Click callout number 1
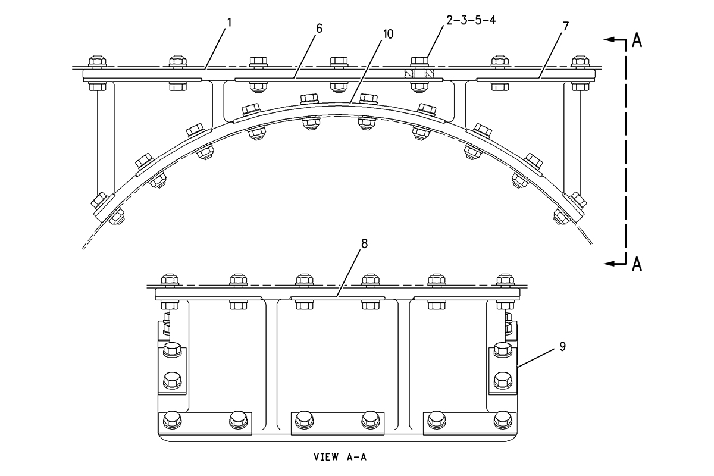(x=229, y=22)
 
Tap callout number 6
(x=319, y=28)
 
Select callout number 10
(x=388, y=34)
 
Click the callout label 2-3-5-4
(x=471, y=20)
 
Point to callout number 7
(x=565, y=26)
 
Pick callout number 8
(x=364, y=243)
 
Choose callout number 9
(x=563, y=346)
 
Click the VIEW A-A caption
(x=340, y=456)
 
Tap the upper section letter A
(x=637, y=41)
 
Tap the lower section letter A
(x=637, y=264)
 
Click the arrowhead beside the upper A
(x=609, y=39)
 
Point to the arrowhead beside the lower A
(x=609, y=264)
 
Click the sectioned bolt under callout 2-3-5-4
(x=419, y=74)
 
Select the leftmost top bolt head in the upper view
(x=98, y=62)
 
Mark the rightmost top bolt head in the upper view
(x=581, y=62)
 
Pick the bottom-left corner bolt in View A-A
(x=173, y=420)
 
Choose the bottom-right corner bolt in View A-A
(x=503, y=420)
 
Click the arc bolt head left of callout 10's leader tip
(x=309, y=99)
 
